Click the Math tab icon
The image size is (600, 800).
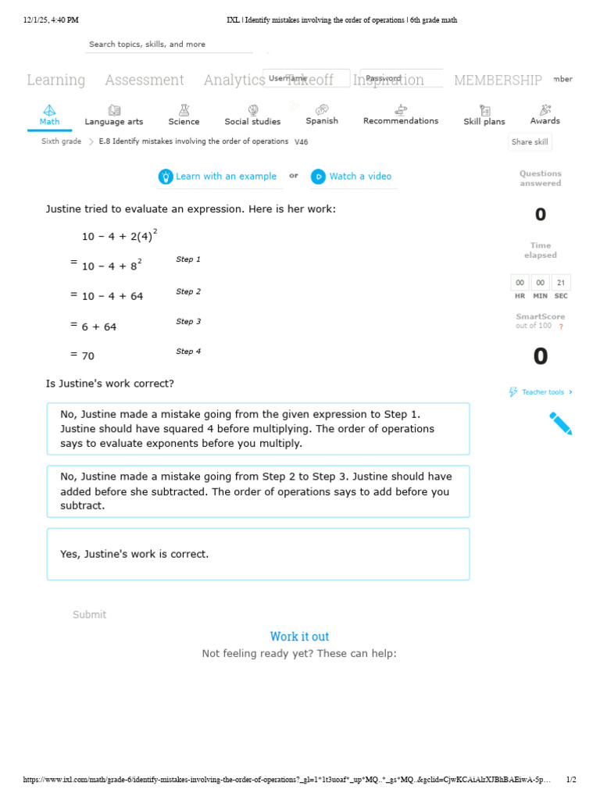tap(49, 110)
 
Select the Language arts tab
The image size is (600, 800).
tap(114, 116)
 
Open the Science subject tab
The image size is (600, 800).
tap(184, 116)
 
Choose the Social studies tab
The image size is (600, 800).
tap(252, 116)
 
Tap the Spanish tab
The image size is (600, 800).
tap(322, 115)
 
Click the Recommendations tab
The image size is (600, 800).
tap(401, 115)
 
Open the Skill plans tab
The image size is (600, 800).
tap(484, 116)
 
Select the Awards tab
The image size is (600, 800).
tap(545, 115)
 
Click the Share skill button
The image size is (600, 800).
tap(530, 142)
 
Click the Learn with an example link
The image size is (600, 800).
tap(218, 177)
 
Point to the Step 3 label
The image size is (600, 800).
tap(188, 321)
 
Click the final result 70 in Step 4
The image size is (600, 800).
tap(88, 355)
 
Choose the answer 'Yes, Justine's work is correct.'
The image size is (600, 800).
tap(258, 554)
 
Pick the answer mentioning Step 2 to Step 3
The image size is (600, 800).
tap(258, 491)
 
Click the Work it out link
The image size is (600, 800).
tap(299, 637)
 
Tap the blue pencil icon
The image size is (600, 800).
tap(560, 423)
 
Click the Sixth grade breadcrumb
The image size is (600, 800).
tap(61, 141)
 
